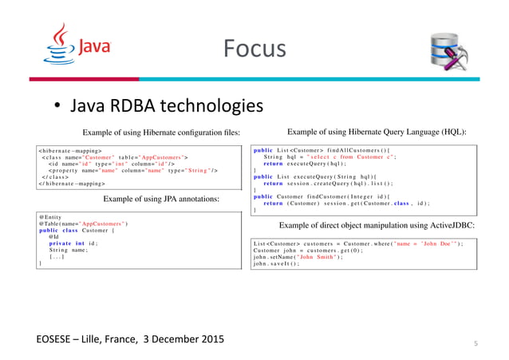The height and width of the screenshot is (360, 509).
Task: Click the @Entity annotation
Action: pos(49,216)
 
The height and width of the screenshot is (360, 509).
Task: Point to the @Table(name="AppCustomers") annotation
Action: pos(83,224)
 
